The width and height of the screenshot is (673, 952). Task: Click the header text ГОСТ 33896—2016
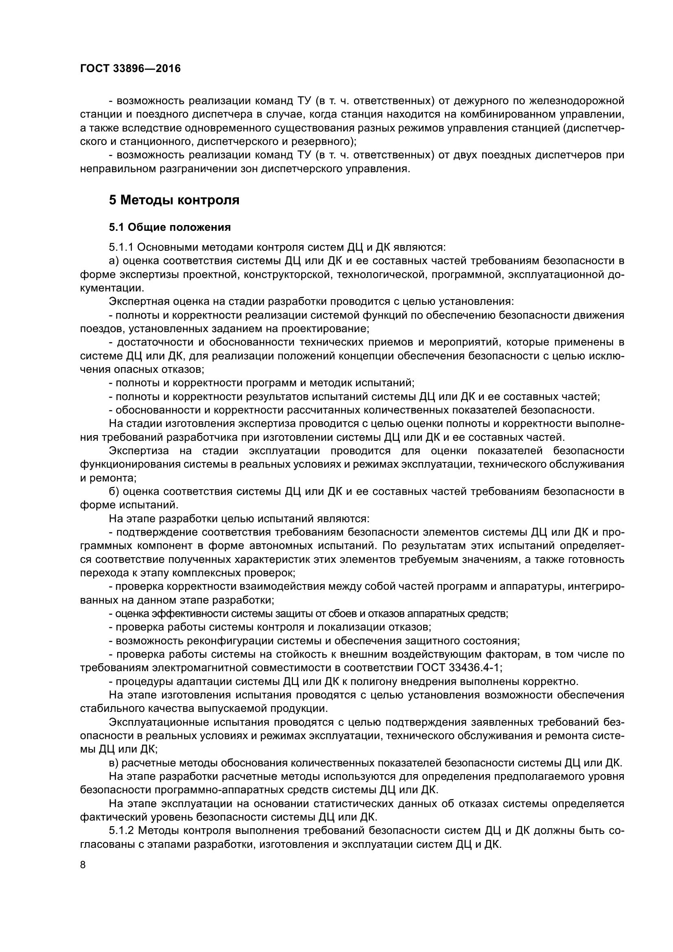pos(130,68)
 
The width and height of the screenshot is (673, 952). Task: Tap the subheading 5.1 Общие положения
pos(170,227)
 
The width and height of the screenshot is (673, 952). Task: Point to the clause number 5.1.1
pos(120,247)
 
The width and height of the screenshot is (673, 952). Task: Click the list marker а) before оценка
pos(114,261)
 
